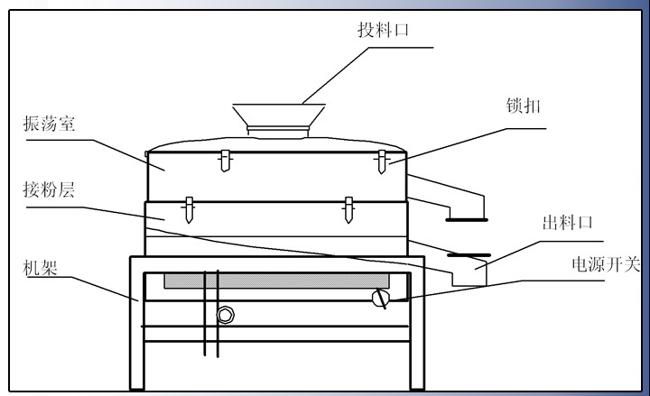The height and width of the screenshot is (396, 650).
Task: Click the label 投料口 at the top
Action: coord(383,30)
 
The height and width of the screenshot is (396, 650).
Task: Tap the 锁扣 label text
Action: coord(523,106)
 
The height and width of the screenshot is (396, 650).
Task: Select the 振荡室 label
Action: coord(49,124)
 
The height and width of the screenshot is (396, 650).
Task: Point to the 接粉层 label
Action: coord(49,191)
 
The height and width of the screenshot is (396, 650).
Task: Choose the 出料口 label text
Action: coord(566,223)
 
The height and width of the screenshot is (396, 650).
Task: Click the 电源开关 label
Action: coord(606,264)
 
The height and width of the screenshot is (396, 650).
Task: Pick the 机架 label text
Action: coord(42,268)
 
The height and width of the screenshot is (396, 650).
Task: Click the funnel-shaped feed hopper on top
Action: coord(279,116)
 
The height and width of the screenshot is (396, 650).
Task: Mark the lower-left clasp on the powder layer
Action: coord(189,208)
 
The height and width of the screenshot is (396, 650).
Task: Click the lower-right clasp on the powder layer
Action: coord(348,208)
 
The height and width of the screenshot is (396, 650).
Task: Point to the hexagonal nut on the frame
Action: coord(225,314)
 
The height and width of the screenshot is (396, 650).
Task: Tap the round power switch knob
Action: coord(382,298)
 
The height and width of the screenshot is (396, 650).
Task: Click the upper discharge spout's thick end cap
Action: coord(467,219)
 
